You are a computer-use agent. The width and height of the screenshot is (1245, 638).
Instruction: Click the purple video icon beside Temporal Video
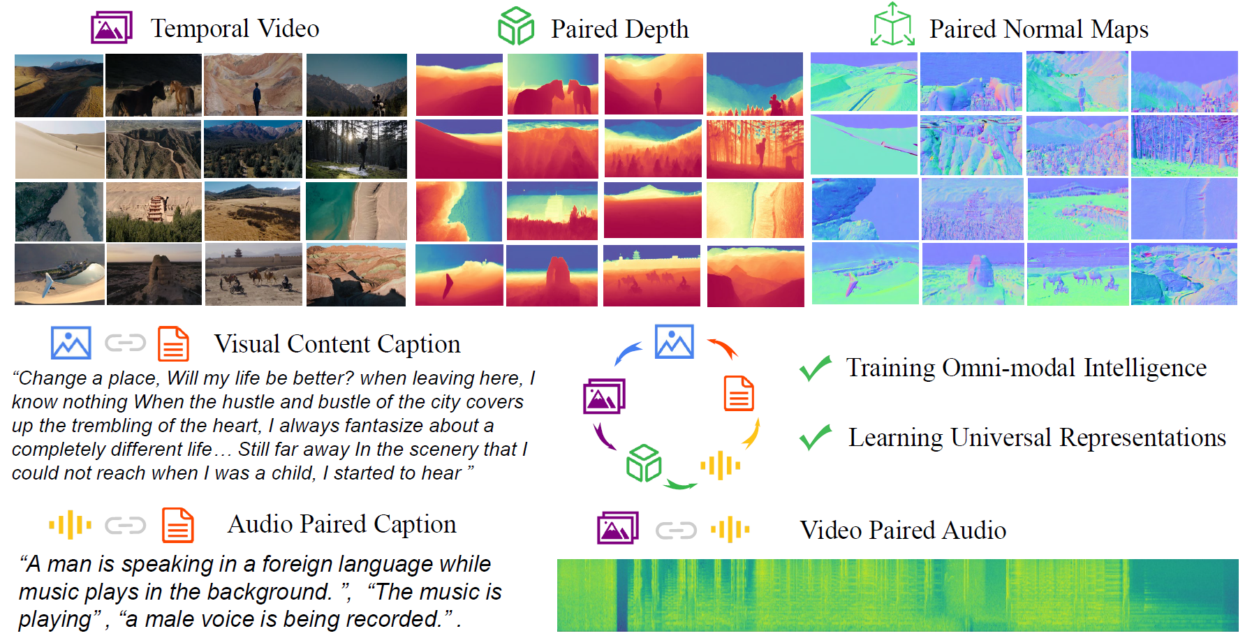coord(111,28)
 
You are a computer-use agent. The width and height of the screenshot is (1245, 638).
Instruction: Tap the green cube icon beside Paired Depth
coord(516,27)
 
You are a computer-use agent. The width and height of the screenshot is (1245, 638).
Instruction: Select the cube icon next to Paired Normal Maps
coord(892,26)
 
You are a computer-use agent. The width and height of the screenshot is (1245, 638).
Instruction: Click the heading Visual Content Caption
coord(337,344)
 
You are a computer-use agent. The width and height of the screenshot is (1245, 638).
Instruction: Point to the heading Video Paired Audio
coord(902,531)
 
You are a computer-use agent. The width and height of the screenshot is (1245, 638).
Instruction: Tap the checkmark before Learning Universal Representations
coord(815,437)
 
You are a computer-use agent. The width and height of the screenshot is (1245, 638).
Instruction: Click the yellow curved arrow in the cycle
coord(751,433)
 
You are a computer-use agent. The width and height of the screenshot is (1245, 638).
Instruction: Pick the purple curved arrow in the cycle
coord(603,437)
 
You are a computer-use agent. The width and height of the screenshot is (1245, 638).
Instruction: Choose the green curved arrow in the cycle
coord(680,484)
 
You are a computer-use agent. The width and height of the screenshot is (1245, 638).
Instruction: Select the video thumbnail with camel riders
coord(253,275)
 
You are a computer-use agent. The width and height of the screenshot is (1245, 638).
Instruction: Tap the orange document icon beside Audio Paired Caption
coord(177,525)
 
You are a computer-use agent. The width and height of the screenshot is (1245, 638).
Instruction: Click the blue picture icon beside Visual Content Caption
coord(71,343)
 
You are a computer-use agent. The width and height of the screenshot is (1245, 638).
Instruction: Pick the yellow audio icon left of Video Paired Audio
coord(730,530)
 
